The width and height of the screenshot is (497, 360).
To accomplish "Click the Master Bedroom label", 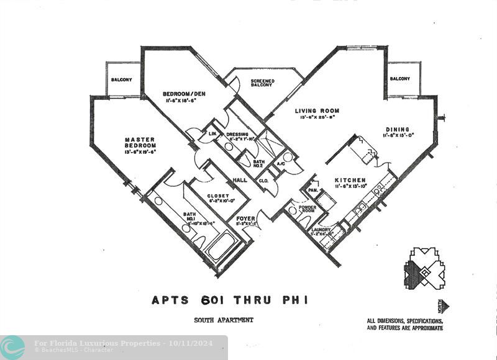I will tap(139, 142).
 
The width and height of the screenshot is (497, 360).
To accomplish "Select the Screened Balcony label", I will tap(262, 83).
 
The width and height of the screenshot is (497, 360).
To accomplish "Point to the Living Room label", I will tap(317, 111).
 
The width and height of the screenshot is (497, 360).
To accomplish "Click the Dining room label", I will tap(398, 130).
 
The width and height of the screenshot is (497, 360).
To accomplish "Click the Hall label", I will tap(240, 181).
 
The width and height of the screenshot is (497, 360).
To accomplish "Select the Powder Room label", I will tap(308, 209).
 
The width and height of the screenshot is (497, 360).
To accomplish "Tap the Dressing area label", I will tap(237, 134).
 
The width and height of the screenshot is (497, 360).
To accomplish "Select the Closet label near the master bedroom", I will tap(217, 196).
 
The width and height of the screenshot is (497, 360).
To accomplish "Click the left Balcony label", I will tap(122, 80).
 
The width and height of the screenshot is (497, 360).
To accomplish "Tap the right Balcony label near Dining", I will tap(399, 79).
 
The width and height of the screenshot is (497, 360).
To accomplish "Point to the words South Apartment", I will tap(224, 320).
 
